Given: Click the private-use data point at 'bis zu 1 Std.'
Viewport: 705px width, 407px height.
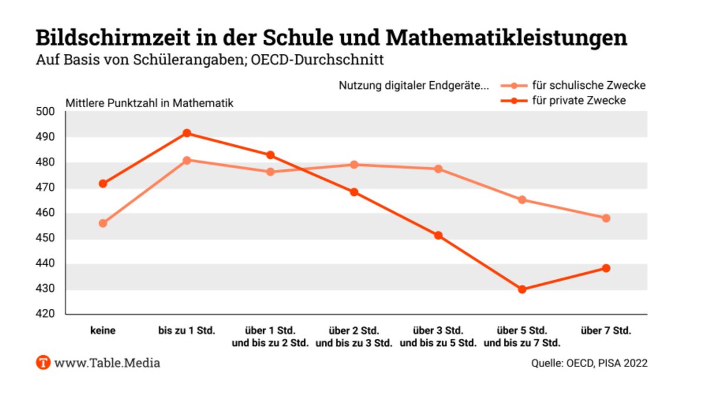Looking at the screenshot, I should click(x=187, y=133).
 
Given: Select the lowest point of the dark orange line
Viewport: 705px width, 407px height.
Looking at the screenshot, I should click(x=522, y=289).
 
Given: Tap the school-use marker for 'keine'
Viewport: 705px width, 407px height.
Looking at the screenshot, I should click(x=103, y=223).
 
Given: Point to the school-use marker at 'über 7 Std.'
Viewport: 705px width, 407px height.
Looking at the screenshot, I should click(x=606, y=218).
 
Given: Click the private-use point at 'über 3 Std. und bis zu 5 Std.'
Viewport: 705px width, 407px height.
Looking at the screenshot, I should click(x=438, y=235).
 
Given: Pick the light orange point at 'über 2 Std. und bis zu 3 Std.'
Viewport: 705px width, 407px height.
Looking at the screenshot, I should click(x=354, y=165).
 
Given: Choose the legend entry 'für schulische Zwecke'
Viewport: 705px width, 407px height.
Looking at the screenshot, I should click(x=588, y=85).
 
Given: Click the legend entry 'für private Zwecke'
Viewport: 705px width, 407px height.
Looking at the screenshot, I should click(x=578, y=101).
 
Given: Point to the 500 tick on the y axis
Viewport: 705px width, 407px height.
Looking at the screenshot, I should click(x=46, y=112).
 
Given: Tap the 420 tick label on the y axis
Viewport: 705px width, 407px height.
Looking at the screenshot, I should click(x=46, y=315).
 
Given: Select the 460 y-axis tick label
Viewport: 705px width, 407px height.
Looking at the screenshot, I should click(x=46, y=213).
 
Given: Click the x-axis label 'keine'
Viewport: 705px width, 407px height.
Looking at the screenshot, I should click(x=103, y=331).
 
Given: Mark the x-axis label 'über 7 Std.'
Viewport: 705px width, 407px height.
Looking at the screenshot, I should click(x=606, y=331).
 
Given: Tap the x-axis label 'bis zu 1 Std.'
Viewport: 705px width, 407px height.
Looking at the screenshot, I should click(x=187, y=331).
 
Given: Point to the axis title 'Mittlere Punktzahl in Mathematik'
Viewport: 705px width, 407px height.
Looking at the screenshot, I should click(x=149, y=103).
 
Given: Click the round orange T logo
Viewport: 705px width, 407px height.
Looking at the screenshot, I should click(x=43, y=362).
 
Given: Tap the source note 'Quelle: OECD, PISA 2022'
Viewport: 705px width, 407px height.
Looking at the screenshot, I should click(x=589, y=363).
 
